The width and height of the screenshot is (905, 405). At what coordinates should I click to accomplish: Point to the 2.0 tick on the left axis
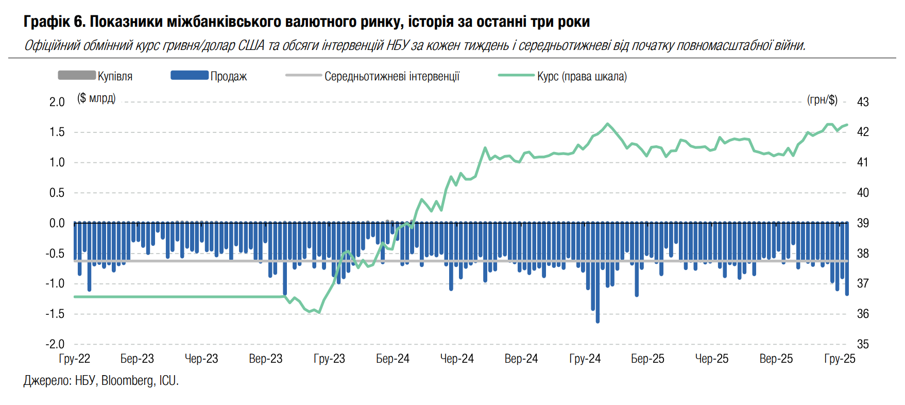[x=57, y=102]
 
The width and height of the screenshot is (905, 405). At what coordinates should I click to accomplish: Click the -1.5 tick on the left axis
[x=55, y=314]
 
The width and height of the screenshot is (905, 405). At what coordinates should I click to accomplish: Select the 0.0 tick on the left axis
[x=57, y=223]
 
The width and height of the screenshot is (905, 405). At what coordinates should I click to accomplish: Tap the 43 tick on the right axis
[x=863, y=102]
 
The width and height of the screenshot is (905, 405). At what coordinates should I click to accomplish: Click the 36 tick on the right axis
[x=863, y=314]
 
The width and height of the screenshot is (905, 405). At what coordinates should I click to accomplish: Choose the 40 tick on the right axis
[x=863, y=193]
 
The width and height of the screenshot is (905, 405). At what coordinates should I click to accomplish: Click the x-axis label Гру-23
[x=329, y=359]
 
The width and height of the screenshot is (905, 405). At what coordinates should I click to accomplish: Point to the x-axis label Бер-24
[x=392, y=359]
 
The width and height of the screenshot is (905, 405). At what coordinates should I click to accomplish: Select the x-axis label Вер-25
[x=776, y=359]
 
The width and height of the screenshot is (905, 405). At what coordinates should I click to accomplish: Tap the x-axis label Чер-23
[x=201, y=359]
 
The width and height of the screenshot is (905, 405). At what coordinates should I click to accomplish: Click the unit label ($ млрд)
[x=96, y=98]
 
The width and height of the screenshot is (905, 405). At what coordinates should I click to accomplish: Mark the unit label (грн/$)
[x=822, y=99]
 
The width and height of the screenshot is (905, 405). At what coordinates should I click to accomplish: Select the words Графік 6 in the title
[x=54, y=22]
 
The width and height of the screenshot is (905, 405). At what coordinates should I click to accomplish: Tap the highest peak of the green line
[x=608, y=124]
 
